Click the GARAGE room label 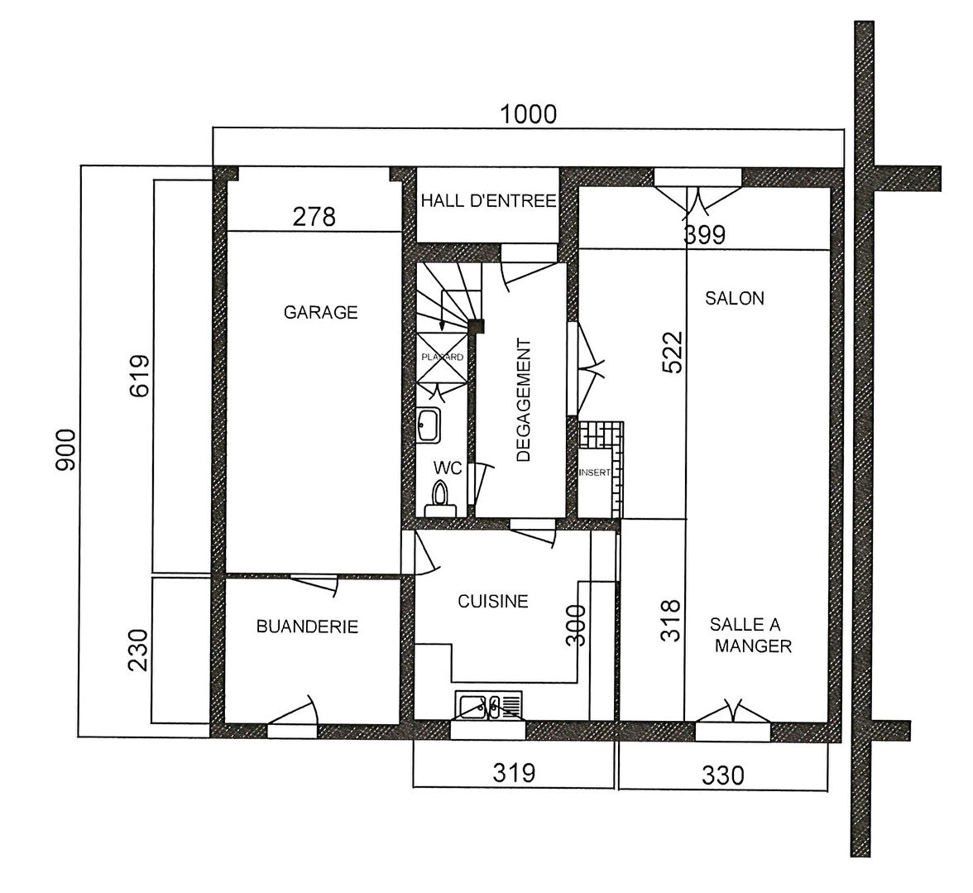click(x=321, y=312)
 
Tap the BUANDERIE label click(x=307, y=627)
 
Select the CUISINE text click(x=493, y=602)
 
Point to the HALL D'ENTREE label click(x=488, y=201)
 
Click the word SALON click(x=735, y=299)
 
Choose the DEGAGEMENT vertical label click(x=524, y=401)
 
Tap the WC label click(x=448, y=468)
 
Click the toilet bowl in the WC click(x=440, y=501)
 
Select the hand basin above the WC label click(x=429, y=425)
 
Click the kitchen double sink click(x=488, y=706)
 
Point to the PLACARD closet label click(x=443, y=358)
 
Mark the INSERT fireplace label click(x=594, y=473)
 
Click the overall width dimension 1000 click(x=528, y=115)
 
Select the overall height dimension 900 click(x=66, y=450)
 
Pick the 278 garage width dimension click(x=314, y=217)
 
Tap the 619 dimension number click(x=140, y=376)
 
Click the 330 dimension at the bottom click(x=723, y=775)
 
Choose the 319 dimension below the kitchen click(x=514, y=773)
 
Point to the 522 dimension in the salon click(x=672, y=353)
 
